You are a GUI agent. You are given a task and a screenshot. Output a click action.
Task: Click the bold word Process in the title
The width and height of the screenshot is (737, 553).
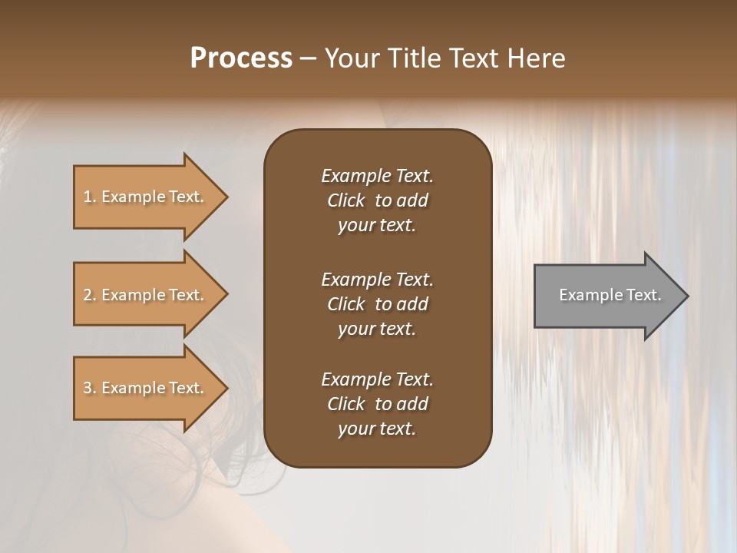241,58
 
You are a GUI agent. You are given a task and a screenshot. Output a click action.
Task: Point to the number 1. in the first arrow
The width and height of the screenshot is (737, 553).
90,197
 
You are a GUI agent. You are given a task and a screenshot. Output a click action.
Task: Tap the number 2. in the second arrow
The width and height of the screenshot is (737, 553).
90,295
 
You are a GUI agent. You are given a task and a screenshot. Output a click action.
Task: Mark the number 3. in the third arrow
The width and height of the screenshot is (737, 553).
90,388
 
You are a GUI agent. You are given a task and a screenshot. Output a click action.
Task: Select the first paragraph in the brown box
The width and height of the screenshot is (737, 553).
377,200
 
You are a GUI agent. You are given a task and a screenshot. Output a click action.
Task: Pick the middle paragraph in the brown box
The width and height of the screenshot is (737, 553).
377,304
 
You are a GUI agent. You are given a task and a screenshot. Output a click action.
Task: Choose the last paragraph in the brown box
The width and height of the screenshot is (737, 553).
377,404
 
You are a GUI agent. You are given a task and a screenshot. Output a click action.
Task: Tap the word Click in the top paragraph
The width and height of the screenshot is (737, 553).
346,200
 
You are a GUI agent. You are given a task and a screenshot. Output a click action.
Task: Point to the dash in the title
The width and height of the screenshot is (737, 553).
309,58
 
